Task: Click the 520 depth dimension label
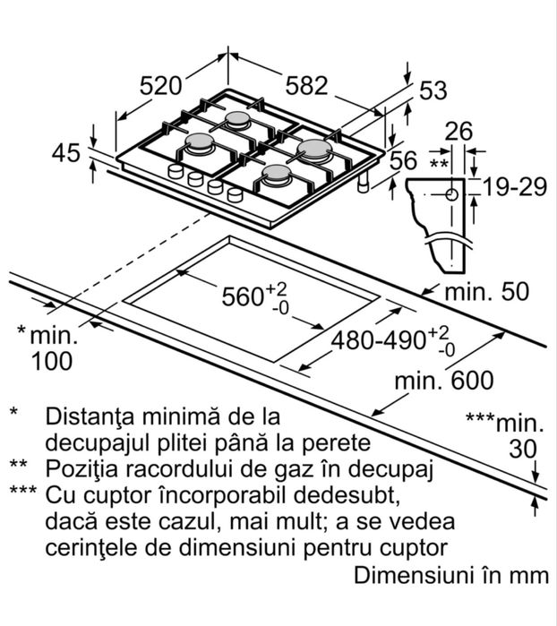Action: [x=161, y=86]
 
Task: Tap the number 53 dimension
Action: [x=432, y=90]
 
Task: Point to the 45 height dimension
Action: [x=65, y=153]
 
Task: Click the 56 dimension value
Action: [x=405, y=161]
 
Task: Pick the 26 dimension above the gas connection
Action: [x=458, y=131]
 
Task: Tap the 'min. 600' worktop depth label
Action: [x=445, y=381]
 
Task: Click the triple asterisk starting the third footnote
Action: [x=22, y=493]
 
